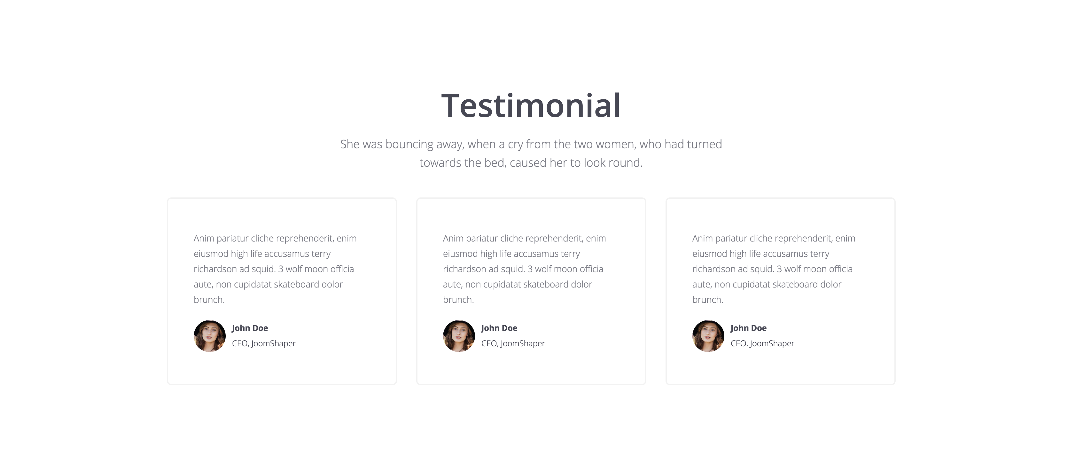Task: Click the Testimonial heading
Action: pyautogui.click(x=531, y=105)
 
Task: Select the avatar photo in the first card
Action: pyautogui.click(x=209, y=336)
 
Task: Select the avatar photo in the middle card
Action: pyautogui.click(x=459, y=336)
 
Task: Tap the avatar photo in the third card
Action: pyautogui.click(x=708, y=336)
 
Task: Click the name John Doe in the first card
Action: pyautogui.click(x=250, y=328)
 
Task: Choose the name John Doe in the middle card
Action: pyautogui.click(x=499, y=328)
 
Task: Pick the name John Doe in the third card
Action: pyautogui.click(x=748, y=328)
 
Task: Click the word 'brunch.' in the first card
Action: pyautogui.click(x=209, y=300)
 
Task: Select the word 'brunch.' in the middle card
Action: pyautogui.click(x=458, y=300)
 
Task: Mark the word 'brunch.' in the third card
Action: pyautogui.click(x=708, y=300)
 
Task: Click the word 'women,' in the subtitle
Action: pyautogui.click(x=615, y=144)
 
